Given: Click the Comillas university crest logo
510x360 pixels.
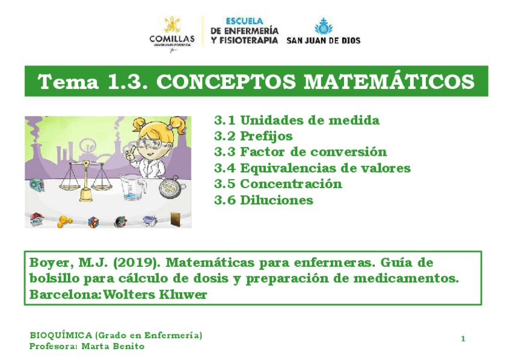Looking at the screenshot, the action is [172, 25].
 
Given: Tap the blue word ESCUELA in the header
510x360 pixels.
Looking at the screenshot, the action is [245, 22].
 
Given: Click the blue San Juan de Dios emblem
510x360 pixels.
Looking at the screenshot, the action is [324, 26].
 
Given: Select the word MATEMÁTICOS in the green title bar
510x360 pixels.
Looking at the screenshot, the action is [389, 81].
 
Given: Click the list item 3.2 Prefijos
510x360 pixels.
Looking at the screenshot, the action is [253, 136].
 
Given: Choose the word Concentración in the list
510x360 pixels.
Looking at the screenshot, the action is [291, 184].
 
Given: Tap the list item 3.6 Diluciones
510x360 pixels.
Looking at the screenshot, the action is [264, 200].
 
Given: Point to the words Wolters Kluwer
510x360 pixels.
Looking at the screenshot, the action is [155, 294].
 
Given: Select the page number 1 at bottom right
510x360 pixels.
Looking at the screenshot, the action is [463, 339].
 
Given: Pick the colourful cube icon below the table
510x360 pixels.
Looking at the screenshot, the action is [93, 222].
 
